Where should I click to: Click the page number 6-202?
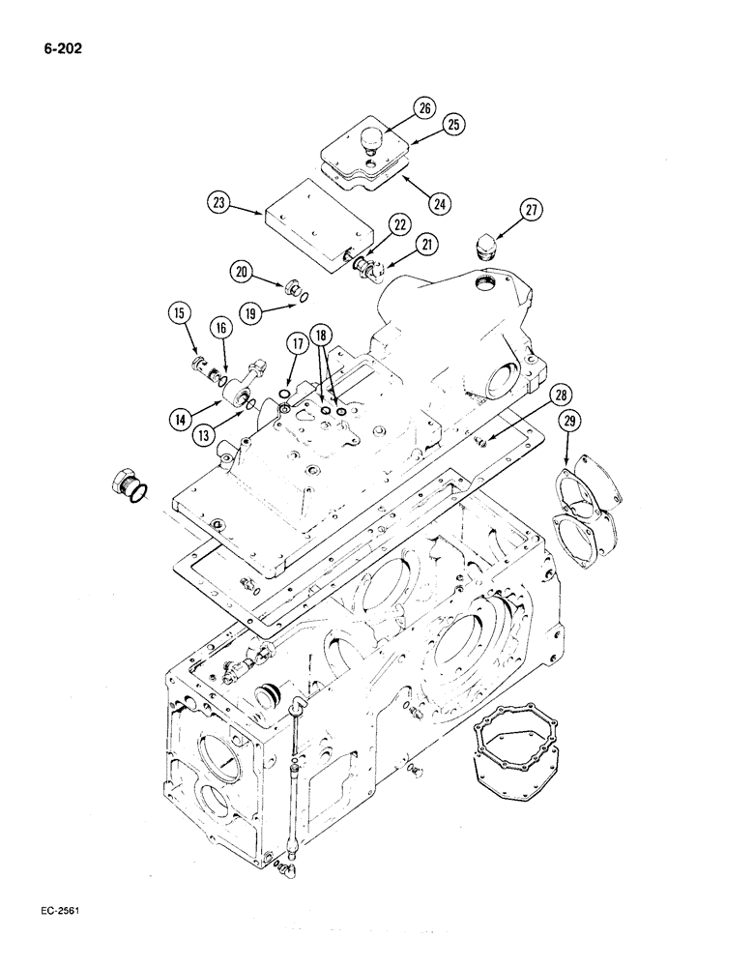tap(60, 45)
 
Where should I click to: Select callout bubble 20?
tap(242, 273)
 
